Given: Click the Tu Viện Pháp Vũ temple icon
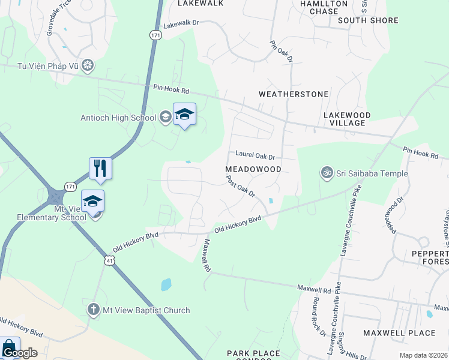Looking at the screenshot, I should click(x=88, y=65).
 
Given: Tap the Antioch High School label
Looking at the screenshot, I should click(x=118, y=118).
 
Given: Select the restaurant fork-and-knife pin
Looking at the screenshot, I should click(x=100, y=169).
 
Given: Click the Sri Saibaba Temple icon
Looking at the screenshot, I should click(x=327, y=173).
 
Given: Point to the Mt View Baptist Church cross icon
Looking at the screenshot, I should click(x=93, y=310).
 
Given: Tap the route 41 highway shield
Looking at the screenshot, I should click(x=109, y=260).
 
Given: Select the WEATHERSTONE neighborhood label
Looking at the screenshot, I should click(x=294, y=94).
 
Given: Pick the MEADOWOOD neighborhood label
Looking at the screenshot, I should click(x=253, y=169).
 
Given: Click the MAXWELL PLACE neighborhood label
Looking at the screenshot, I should click(x=399, y=332).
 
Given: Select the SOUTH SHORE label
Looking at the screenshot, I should click(x=368, y=20).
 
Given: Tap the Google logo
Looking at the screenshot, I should click(x=20, y=353).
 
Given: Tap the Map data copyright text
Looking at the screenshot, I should click(x=423, y=355).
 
